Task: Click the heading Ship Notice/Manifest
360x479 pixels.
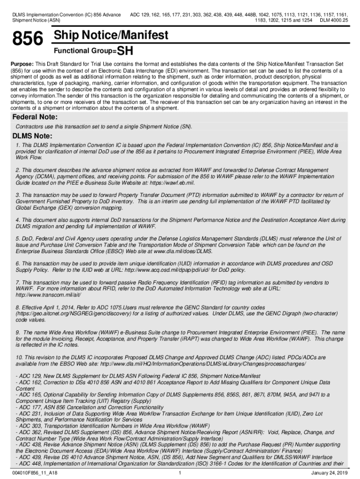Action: tap(111, 36)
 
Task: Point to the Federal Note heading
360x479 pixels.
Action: tap(35, 116)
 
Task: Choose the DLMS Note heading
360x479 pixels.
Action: tap(32, 137)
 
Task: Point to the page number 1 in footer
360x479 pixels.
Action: tap(180, 472)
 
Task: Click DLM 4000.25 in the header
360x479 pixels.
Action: tap(334, 21)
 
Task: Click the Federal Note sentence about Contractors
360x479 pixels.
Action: tap(104, 126)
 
